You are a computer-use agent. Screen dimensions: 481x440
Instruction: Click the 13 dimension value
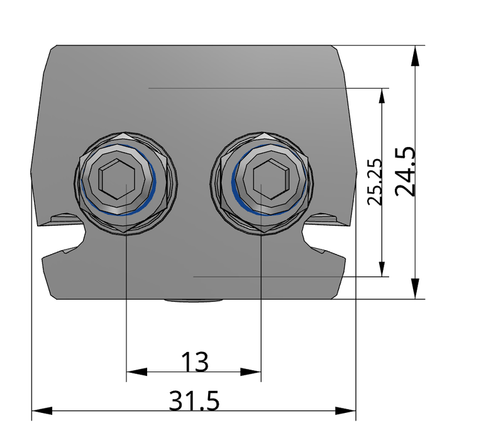coord(195,361)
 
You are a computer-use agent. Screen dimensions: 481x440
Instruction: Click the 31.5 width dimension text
coord(194,400)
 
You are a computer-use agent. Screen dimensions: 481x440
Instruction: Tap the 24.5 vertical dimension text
coord(405,172)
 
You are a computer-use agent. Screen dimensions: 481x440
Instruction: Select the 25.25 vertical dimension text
coord(375,182)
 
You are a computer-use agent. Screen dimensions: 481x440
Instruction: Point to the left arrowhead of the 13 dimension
coord(136,372)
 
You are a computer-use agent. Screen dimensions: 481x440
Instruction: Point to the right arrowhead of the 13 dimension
coord(251,372)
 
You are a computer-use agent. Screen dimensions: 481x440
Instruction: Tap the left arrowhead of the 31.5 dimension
coord(42,411)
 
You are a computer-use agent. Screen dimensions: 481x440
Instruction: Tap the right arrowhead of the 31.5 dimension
coord(345,411)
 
